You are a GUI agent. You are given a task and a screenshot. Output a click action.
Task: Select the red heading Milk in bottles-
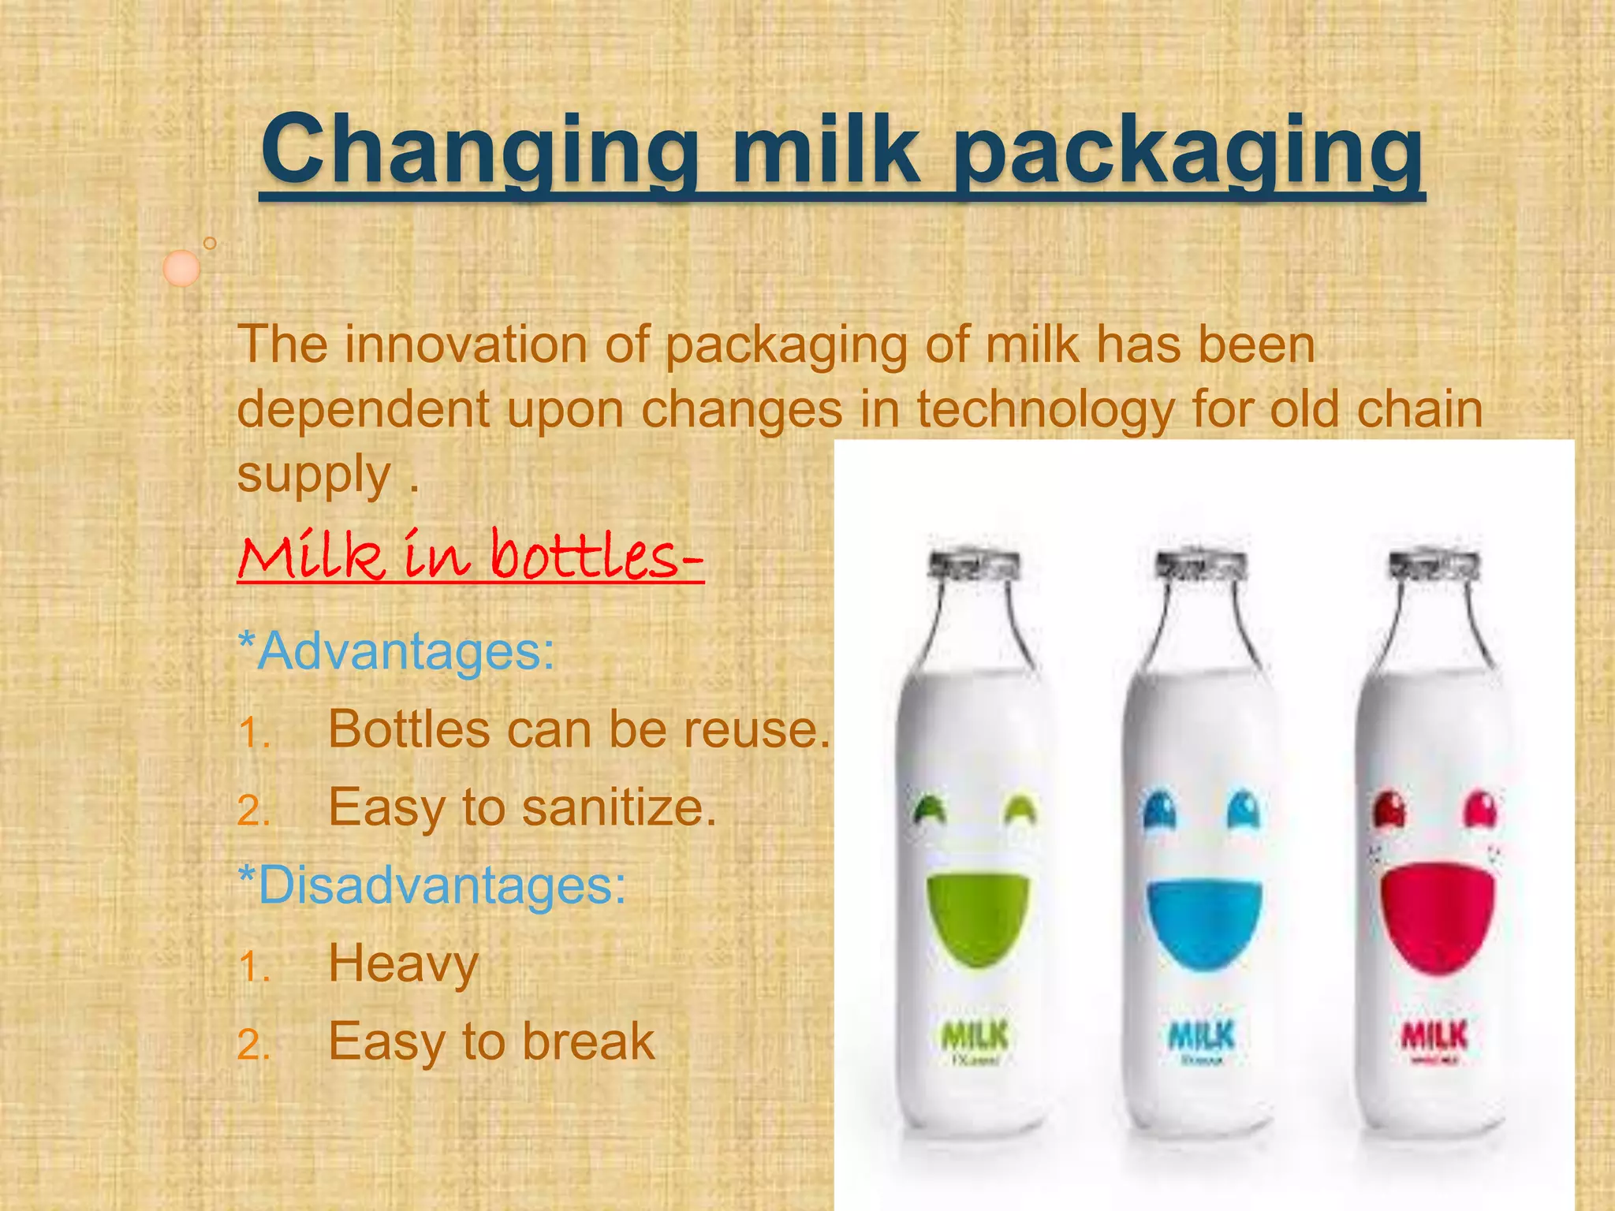470,555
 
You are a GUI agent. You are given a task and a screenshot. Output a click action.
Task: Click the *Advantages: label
397,651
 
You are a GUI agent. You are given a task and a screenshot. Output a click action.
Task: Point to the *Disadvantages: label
432,885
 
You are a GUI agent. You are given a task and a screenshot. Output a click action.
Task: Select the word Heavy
403,963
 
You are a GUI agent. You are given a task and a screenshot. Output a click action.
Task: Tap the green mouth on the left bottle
976,915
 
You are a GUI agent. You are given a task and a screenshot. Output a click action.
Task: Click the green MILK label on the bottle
975,1035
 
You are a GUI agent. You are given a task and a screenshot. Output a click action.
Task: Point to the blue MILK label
1202,1035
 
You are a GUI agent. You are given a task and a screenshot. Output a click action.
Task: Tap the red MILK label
1434,1035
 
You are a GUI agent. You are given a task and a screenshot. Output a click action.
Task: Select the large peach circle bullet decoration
181,268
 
